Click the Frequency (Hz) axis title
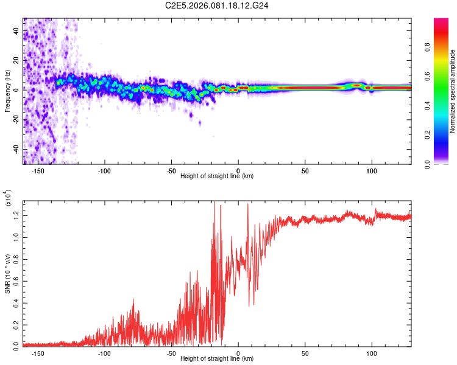click(8, 90)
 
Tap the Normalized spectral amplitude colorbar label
click(453, 91)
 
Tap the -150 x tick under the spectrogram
click(38, 170)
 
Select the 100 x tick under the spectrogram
click(371, 170)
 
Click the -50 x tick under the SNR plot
click(171, 353)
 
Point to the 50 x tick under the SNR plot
click(305, 353)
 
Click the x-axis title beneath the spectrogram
click(217, 176)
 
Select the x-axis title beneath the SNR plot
click(217, 359)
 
